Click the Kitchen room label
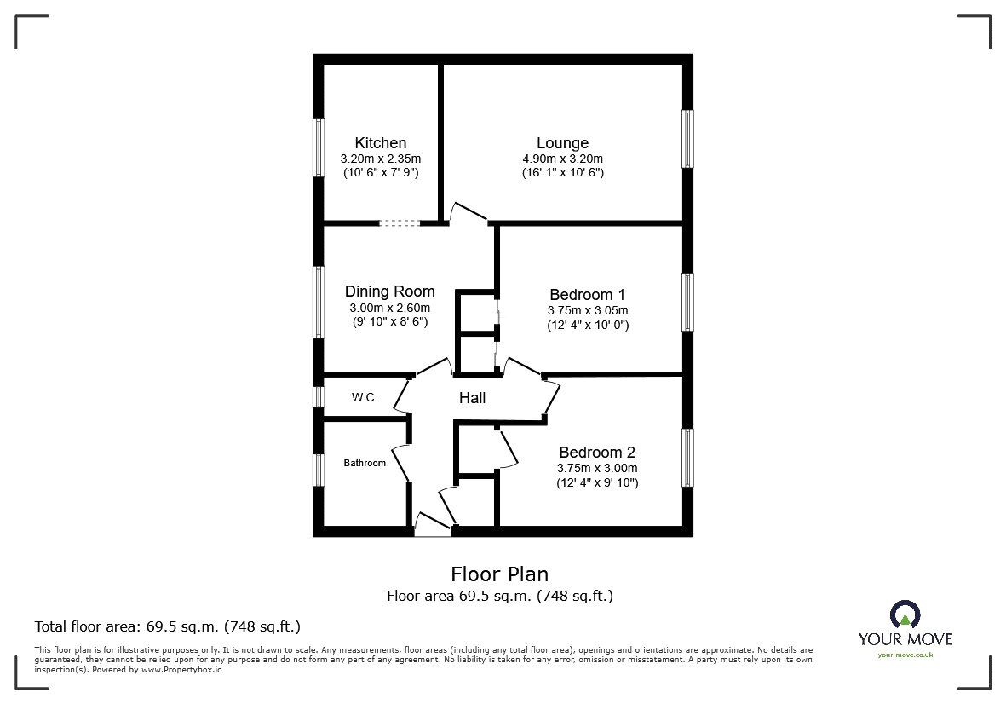pyautogui.click(x=381, y=143)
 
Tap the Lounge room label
pyautogui.click(x=562, y=143)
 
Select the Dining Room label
pyautogui.click(x=389, y=291)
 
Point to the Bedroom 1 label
pyautogui.click(x=587, y=294)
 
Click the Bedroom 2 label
pyautogui.click(x=597, y=453)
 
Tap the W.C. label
pyautogui.click(x=365, y=398)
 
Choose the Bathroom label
pyautogui.click(x=365, y=464)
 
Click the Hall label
pyautogui.click(x=472, y=398)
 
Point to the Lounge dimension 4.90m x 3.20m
pyautogui.click(x=562, y=159)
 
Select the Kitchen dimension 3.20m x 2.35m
pyautogui.click(x=381, y=159)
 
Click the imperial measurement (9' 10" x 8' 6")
pyautogui.click(x=389, y=322)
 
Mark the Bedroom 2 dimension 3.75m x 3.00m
pyautogui.click(x=597, y=468)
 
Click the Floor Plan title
pyautogui.click(x=499, y=574)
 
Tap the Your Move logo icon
pyautogui.click(x=904, y=614)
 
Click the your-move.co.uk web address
pyautogui.click(x=905, y=655)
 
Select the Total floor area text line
pyautogui.click(x=167, y=626)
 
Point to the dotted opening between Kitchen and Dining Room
pyautogui.click(x=400, y=223)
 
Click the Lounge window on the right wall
pyautogui.click(x=687, y=139)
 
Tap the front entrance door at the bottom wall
pyautogui.click(x=431, y=526)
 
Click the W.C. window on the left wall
pyautogui.click(x=318, y=397)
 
